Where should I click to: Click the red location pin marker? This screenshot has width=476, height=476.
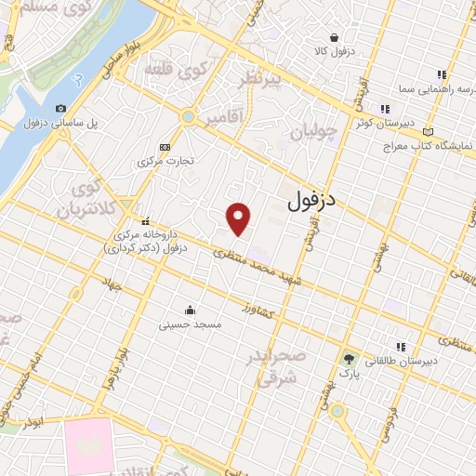pyautogui.click(x=239, y=218)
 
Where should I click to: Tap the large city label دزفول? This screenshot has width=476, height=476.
pyautogui.click(x=311, y=198)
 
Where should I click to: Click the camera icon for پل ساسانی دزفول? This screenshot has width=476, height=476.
pyautogui.click(x=61, y=109)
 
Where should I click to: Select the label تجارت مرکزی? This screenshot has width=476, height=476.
pyautogui.click(x=166, y=161)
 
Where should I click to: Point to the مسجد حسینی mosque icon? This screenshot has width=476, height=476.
pyautogui.click(x=190, y=310)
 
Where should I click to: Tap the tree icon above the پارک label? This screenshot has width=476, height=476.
pyautogui.click(x=349, y=357)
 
